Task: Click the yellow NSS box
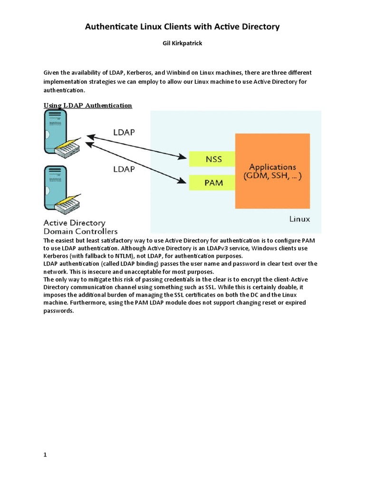212,159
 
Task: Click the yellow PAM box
212,182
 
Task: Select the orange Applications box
272,171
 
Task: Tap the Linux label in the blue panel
299,219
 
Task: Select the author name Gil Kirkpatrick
182,43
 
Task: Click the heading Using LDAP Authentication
88,106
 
